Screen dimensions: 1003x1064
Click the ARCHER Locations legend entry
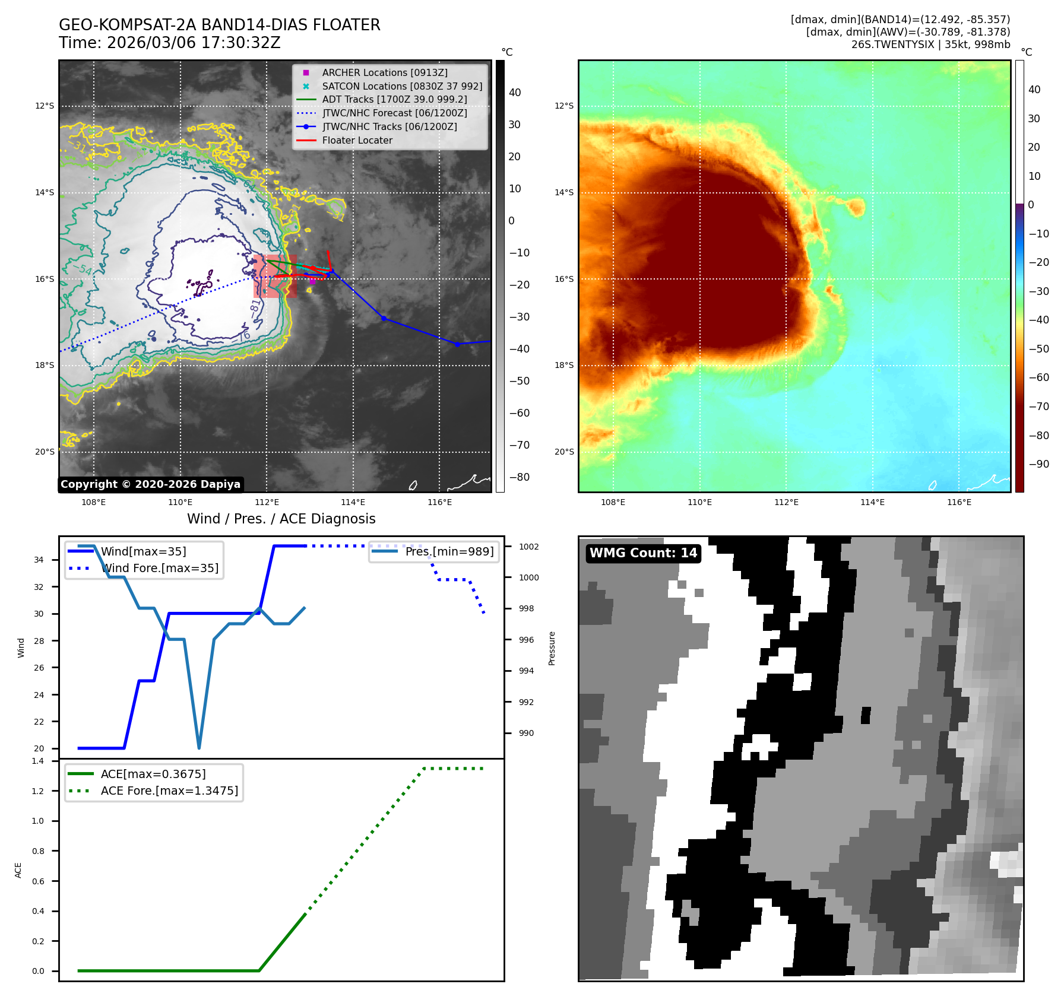(x=385, y=72)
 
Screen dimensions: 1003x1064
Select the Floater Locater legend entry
(x=357, y=141)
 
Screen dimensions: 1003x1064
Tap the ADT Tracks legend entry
(x=394, y=100)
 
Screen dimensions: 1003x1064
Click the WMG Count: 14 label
(x=643, y=553)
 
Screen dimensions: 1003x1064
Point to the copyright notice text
(x=150, y=484)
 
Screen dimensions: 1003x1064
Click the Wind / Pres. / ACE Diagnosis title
(x=281, y=519)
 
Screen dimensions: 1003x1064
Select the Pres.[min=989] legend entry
(x=449, y=551)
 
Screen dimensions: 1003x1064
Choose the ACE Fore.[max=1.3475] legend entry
(x=169, y=791)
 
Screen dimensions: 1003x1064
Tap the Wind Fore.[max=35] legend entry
(x=159, y=568)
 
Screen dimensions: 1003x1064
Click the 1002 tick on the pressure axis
(x=528, y=547)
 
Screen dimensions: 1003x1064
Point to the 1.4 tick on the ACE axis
(x=38, y=761)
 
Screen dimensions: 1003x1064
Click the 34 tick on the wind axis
(x=39, y=560)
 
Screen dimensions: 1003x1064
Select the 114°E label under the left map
(x=353, y=503)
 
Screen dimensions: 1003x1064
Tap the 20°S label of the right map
(x=564, y=452)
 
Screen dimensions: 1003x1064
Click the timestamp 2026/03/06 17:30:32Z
(x=194, y=43)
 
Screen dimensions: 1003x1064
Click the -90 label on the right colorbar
(x=1038, y=464)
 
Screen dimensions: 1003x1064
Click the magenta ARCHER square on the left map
(x=312, y=281)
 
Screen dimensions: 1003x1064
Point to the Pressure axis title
(x=552, y=648)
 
